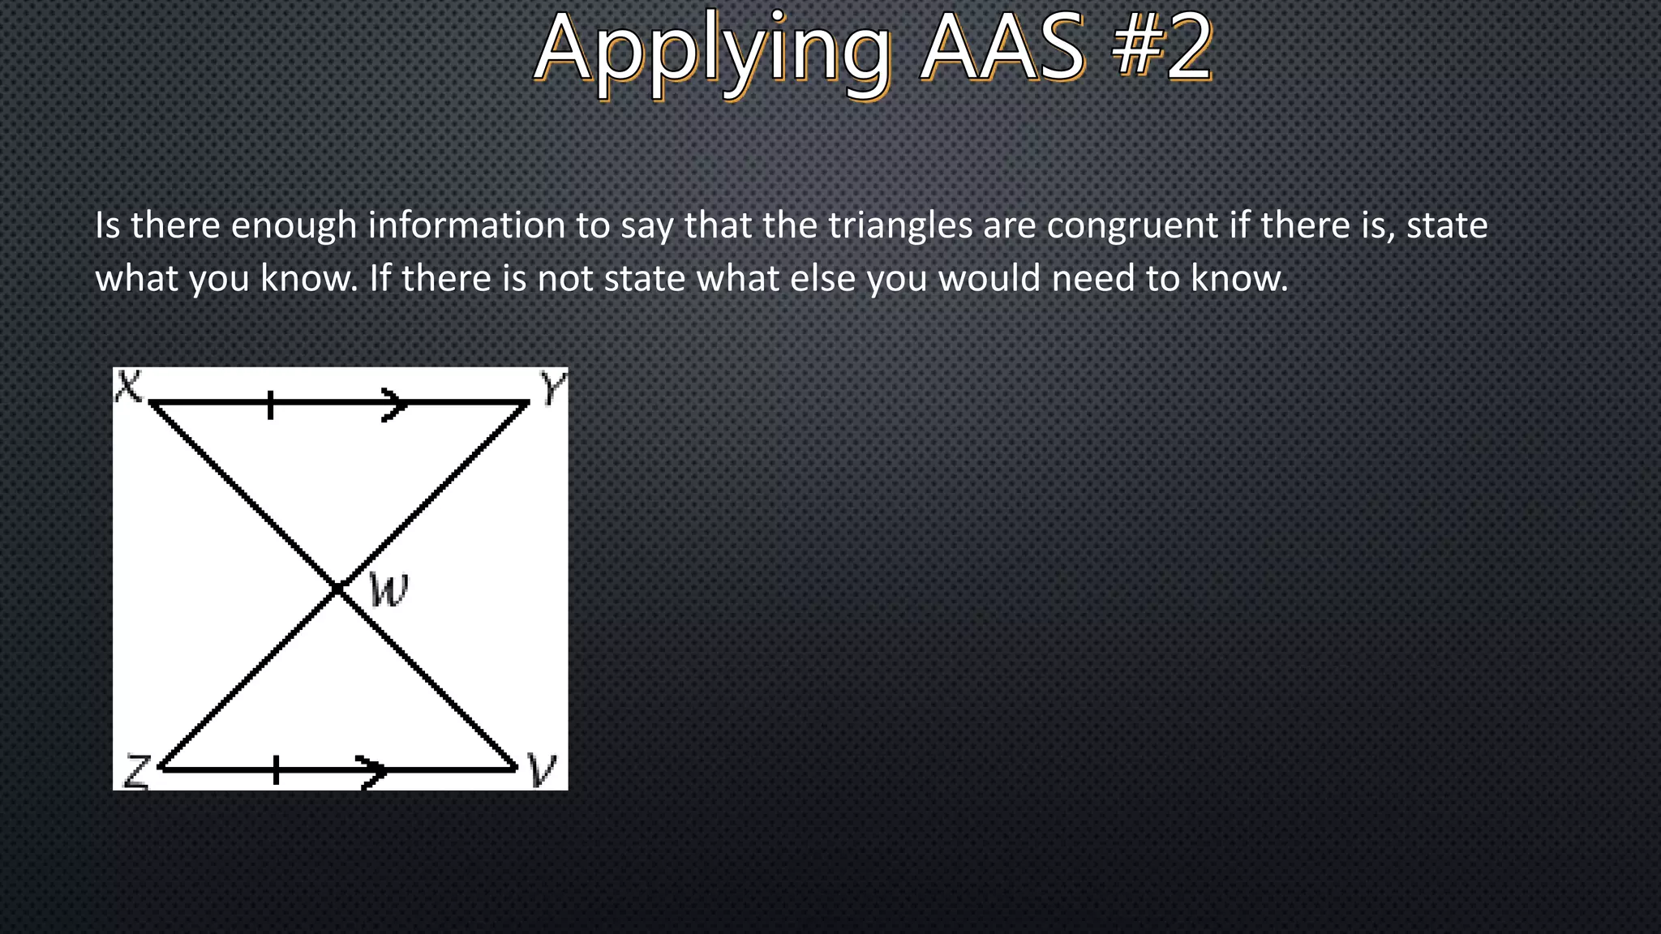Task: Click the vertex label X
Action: [x=128, y=387]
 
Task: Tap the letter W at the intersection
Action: [x=388, y=589]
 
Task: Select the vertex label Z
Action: [x=136, y=771]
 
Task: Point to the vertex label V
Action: [x=541, y=769]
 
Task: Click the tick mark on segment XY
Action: [x=270, y=404]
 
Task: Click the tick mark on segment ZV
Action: [x=276, y=769]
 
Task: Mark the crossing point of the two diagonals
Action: [x=337, y=589]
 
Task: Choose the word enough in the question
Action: [x=294, y=225]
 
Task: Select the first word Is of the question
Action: [x=107, y=225]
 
